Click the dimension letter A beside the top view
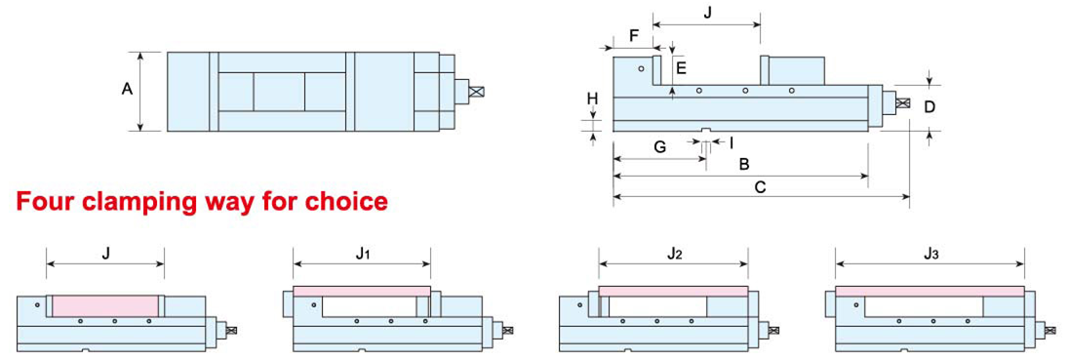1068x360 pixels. tap(127, 89)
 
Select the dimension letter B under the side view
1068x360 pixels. tap(744, 164)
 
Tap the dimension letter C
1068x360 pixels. tap(762, 186)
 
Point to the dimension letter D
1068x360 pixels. tap(930, 106)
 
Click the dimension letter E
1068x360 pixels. tap(681, 66)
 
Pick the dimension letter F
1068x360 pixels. tap(634, 35)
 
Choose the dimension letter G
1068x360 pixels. tap(659, 146)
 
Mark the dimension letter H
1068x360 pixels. tap(593, 99)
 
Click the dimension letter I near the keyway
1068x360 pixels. tap(731, 142)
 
